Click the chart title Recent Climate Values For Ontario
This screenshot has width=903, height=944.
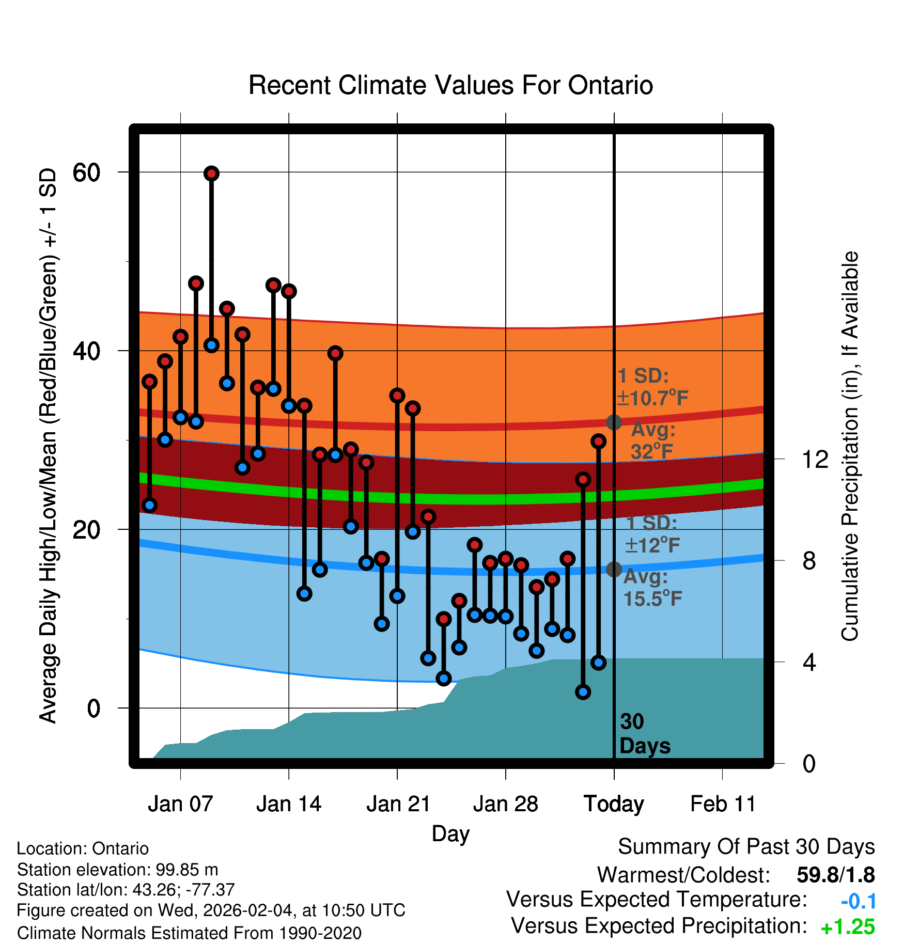click(x=450, y=86)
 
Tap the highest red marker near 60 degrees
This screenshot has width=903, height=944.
click(x=211, y=174)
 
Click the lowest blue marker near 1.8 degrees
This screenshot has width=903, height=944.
click(x=583, y=692)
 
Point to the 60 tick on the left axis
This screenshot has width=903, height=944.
click(x=86, y=172)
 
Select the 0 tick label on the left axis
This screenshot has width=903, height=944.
click(x=94, y=709)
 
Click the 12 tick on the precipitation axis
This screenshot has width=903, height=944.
click(x=815, y=459)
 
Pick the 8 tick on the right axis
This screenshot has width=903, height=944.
click(x=809, y=561)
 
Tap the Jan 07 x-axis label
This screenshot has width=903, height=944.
click(x=180, y=804)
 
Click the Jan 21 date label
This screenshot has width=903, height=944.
click(x=398, y=804)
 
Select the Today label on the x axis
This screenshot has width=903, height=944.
click(x=614, y=804)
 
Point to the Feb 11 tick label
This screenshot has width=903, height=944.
click(x=723, y=804)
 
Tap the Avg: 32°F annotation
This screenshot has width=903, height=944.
click(x=652, y=440)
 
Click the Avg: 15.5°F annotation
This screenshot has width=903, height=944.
click(x=652, y=588)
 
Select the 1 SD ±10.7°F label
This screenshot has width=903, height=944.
click(x=652, y=387)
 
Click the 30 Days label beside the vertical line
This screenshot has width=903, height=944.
click(x=644, y=734)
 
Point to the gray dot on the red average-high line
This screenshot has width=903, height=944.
click(x=614, y=422)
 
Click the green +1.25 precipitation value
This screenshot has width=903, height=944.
click(x=847, y=927)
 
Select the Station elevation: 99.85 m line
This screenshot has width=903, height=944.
click(x=117, y=870)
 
